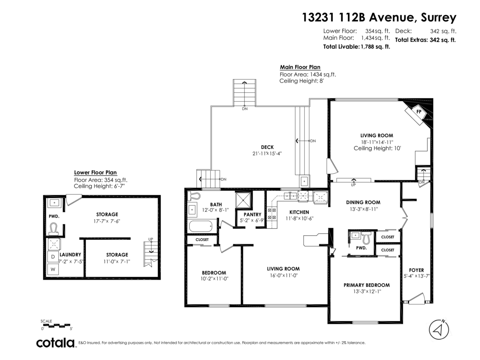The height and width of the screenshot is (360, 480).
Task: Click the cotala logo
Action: tap(56, 343)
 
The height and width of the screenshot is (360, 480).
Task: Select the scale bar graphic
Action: tap(56, 325)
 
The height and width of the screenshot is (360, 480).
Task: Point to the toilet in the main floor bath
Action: tap(195, 196)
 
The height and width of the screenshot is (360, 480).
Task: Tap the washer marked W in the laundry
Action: tap(53, 270)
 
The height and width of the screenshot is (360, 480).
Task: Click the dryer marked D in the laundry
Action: tap(53, 256)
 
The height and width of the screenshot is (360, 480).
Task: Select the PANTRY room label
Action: tap(252, 214)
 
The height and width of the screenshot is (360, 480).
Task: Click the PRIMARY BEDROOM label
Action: tap(366, 285)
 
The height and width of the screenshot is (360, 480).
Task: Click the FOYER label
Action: tap(416, 270)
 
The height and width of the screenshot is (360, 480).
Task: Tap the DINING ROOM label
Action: tap(363, 202)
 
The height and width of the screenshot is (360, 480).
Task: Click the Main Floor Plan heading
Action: tap(300, 67)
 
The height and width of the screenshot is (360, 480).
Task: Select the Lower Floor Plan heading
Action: tap(95, 173)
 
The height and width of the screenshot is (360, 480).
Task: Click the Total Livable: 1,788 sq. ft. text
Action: tap(356, 47)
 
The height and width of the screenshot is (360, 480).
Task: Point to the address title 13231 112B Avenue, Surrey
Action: tap(379, 18)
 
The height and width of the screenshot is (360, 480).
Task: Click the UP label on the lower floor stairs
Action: tap(151, 239)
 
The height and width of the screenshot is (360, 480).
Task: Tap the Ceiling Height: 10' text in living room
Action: tap(377, 148)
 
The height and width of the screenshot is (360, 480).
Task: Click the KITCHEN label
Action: tap(299, 212)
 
